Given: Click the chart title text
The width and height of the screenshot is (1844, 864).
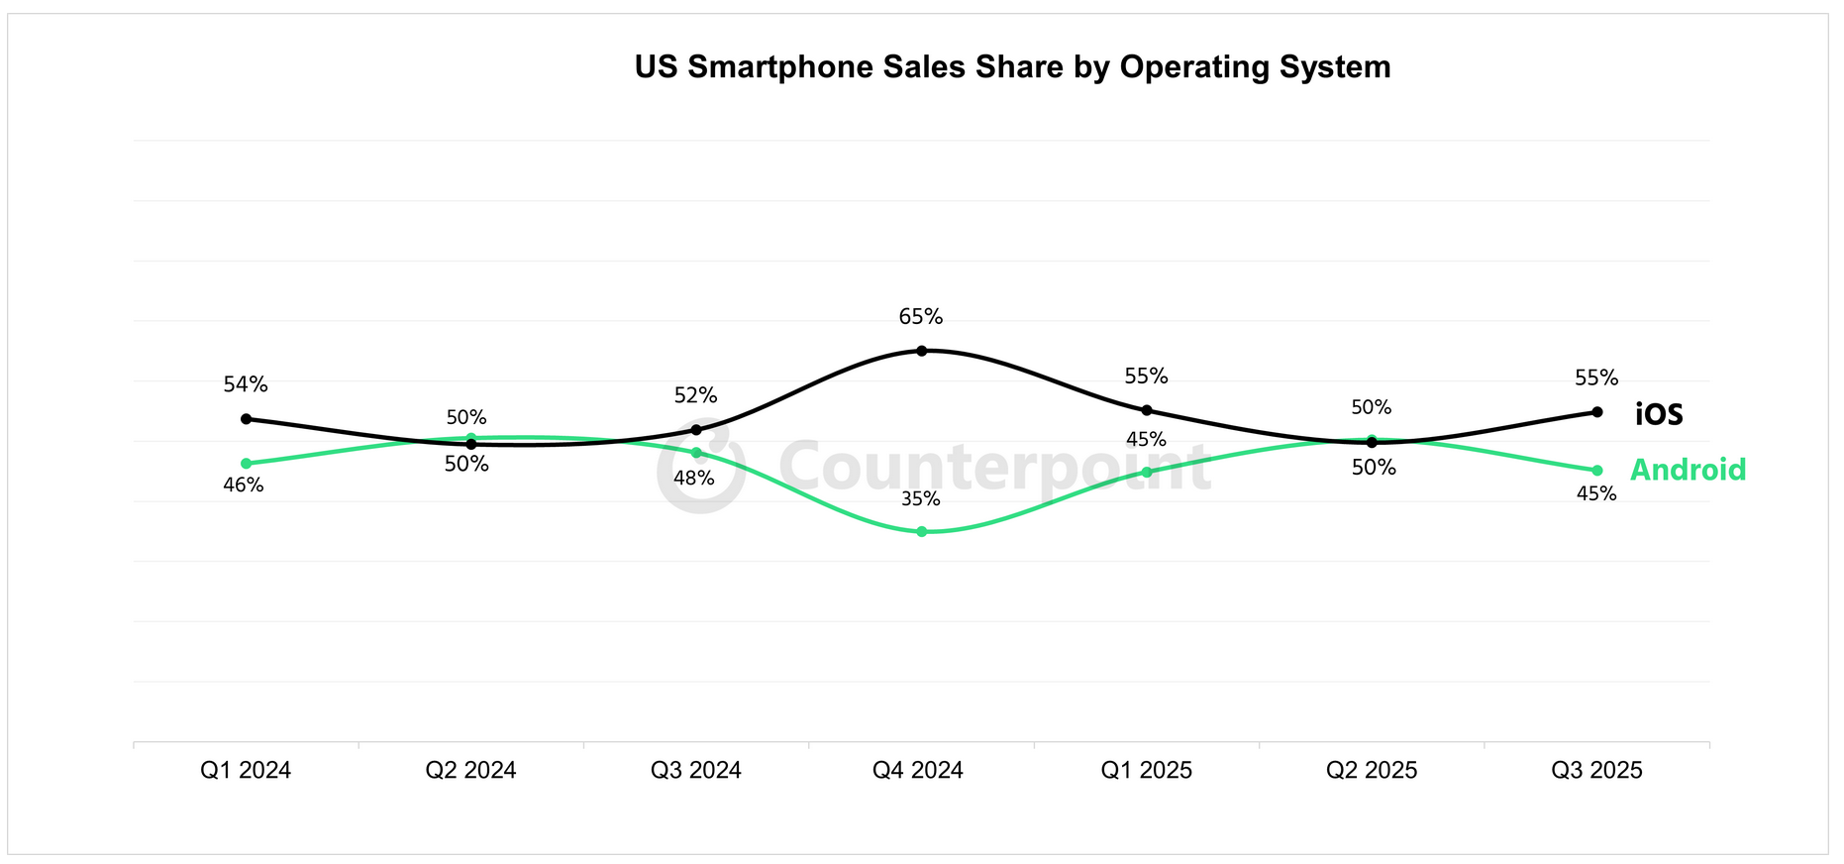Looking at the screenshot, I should tap(1012, 67).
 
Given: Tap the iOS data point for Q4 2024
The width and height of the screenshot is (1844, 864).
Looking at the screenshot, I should tap(921, 351).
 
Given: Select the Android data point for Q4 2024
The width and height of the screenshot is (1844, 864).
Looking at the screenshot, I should tap(921, 532).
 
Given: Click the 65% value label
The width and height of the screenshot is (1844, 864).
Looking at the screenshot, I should tap(920, 317).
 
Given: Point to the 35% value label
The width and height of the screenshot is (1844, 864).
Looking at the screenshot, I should tap(920, 499).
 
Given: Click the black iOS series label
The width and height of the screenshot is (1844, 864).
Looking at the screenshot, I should tap(1659, 414).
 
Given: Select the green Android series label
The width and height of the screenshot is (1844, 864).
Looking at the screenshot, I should tap(1688, 470).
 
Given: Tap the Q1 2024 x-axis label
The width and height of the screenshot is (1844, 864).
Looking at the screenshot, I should tap(246, 770).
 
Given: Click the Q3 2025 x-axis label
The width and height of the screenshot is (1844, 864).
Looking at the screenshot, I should tap(1596, 770).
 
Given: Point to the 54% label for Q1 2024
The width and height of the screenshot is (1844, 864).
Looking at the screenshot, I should tap(246, 384).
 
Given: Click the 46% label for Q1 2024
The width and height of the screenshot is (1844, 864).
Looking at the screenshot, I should tap(244, 486).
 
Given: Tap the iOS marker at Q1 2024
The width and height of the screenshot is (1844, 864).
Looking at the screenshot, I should tap(246, 419).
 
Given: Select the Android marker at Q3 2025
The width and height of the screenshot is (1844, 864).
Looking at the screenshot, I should tap(1596, 471).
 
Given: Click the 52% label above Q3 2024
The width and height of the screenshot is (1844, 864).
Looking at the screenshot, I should tap(695, 395).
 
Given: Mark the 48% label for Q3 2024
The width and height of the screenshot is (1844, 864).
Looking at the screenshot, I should tap(693, 479).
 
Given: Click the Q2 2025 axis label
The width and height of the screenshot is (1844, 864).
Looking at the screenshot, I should tap(1372, 770).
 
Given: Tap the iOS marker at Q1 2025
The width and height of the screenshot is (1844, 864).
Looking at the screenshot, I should tap(1147, 410).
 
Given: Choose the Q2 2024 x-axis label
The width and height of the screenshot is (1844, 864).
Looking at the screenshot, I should tap(470, 770).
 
